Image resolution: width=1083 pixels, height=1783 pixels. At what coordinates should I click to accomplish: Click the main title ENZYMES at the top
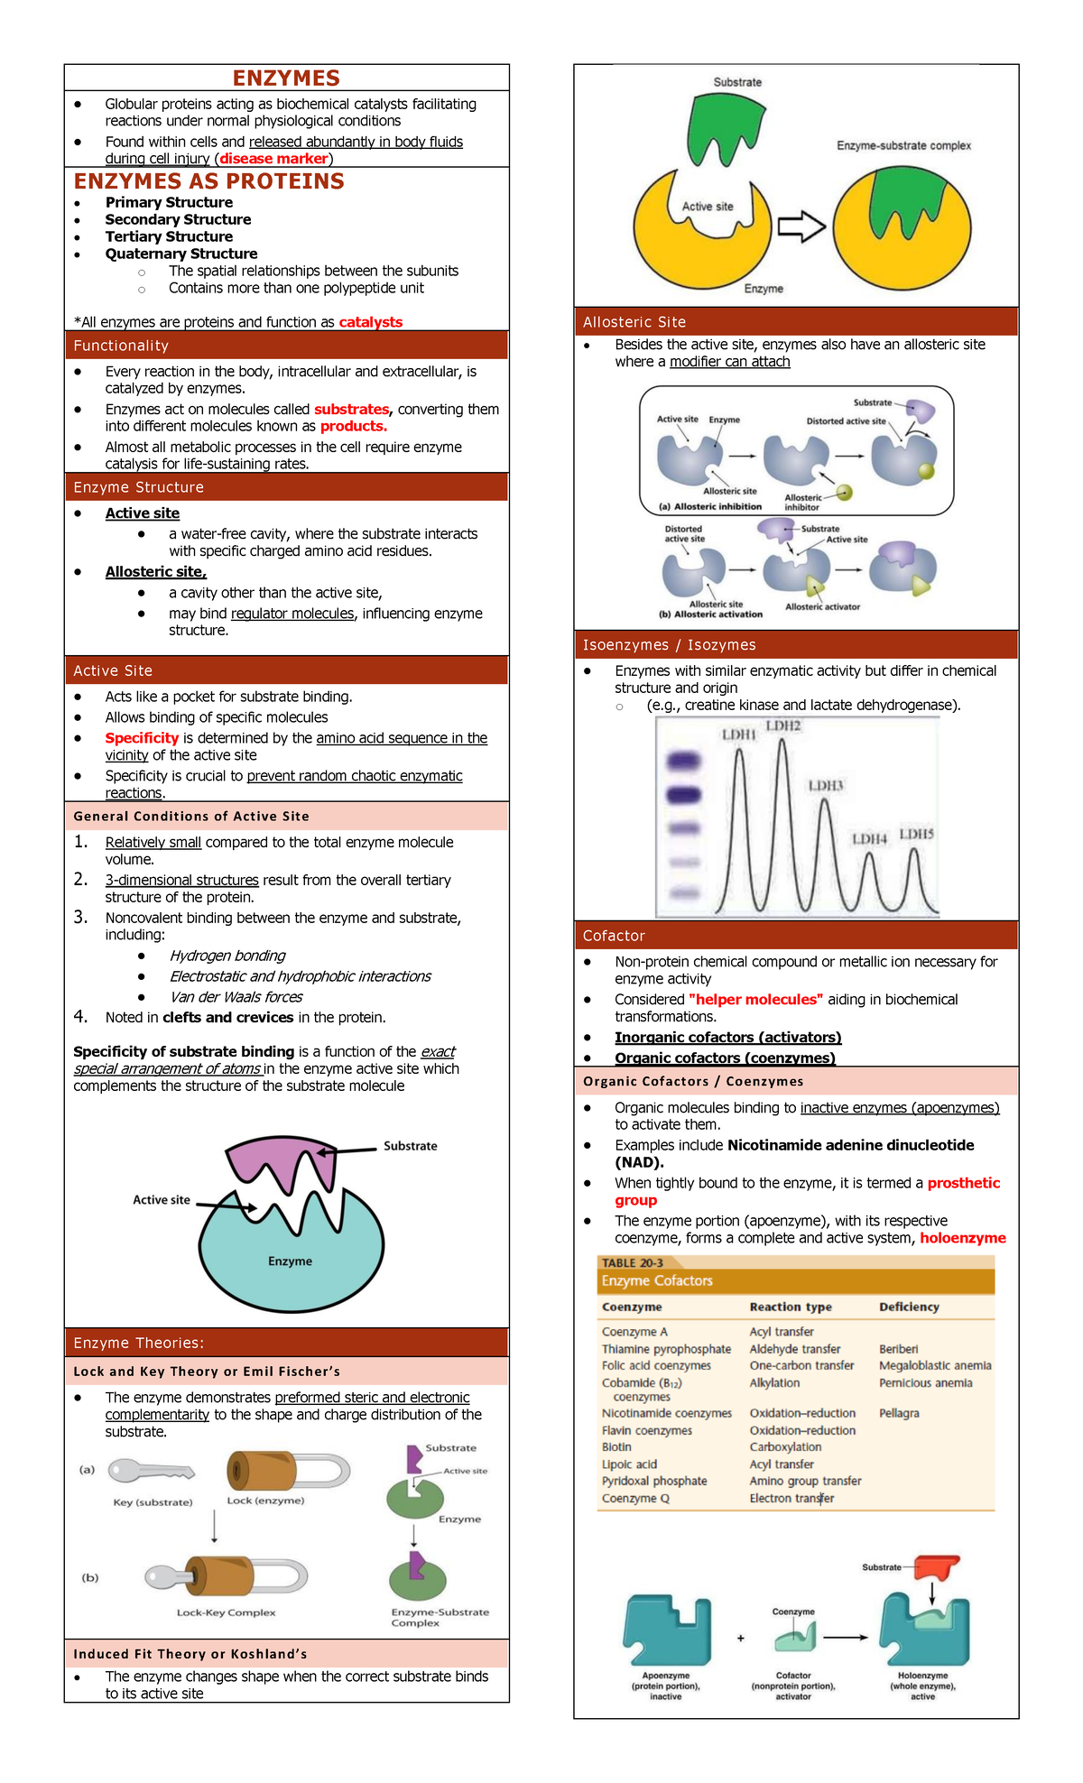point(286,79)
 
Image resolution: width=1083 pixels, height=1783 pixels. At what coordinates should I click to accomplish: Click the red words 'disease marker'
point(273,159)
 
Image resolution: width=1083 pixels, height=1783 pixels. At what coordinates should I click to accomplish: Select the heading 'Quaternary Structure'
point(181,254)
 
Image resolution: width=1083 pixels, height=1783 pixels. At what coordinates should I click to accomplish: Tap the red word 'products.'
point(354,426)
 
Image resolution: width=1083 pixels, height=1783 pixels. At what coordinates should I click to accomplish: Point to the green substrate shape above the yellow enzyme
point(725,126)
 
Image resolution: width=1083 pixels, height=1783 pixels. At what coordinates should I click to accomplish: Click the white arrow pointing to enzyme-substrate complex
point(801,226)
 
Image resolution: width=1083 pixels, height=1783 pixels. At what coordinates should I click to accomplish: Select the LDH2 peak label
point(782,725)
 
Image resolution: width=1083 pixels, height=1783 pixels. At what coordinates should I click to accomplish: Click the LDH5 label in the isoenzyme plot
point(916,834)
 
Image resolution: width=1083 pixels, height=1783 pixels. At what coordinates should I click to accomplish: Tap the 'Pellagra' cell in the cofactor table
point(899,1413)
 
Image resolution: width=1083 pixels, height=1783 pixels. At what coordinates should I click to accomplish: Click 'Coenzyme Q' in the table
point(635,1498)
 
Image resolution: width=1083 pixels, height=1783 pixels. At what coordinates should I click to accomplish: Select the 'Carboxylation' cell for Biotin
point(785,1446)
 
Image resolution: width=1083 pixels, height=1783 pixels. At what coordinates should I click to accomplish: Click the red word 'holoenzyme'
point(962,1238)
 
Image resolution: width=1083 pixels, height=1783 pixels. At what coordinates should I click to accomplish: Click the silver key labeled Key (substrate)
point(150,1472)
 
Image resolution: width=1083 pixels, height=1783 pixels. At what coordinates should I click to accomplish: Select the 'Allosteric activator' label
point(822,607)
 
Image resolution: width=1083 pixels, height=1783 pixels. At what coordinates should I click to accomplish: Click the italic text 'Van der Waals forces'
point(236,997)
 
